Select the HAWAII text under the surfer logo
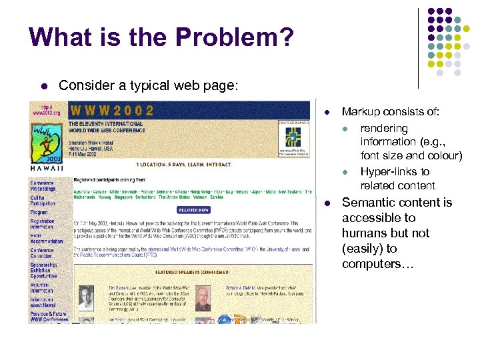(43, 169)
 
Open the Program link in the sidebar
(39, 213)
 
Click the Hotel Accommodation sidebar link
(46, 239)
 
